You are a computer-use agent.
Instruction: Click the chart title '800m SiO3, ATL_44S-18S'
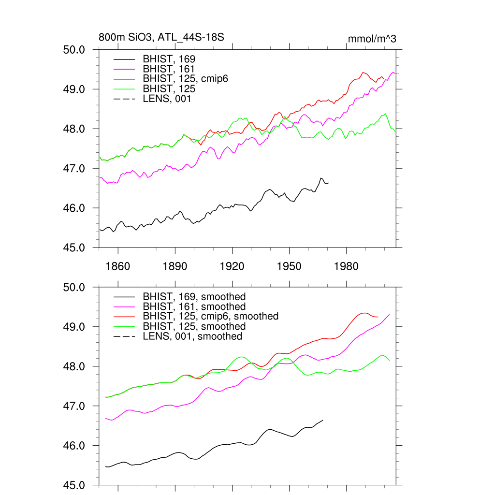[161, 38]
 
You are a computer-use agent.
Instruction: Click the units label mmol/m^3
[372, 39]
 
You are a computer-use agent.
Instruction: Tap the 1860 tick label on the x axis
[117, 266]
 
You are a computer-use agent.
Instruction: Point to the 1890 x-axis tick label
[175, 266]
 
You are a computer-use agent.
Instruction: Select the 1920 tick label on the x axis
[232, 266]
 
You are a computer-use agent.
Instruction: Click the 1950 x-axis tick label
[289, 266]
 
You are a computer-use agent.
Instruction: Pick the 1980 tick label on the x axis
[346, 266]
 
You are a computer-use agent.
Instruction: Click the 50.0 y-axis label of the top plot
[74, 50]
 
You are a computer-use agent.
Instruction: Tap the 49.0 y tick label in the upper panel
[74, 89]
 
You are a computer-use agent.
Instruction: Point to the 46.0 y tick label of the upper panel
[74, 208]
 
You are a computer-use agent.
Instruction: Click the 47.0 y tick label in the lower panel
[74, 406]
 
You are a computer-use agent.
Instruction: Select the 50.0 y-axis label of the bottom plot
[74, 287]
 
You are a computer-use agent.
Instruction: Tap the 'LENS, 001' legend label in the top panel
[167, 99]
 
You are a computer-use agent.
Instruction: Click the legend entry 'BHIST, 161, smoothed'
[194, 306]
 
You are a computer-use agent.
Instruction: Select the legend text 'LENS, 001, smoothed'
[192, 336]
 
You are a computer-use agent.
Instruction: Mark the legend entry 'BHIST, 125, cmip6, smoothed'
[211, 316]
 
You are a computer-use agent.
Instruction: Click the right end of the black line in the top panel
[329, 183]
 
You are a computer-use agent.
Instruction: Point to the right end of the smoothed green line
[390, 361]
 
